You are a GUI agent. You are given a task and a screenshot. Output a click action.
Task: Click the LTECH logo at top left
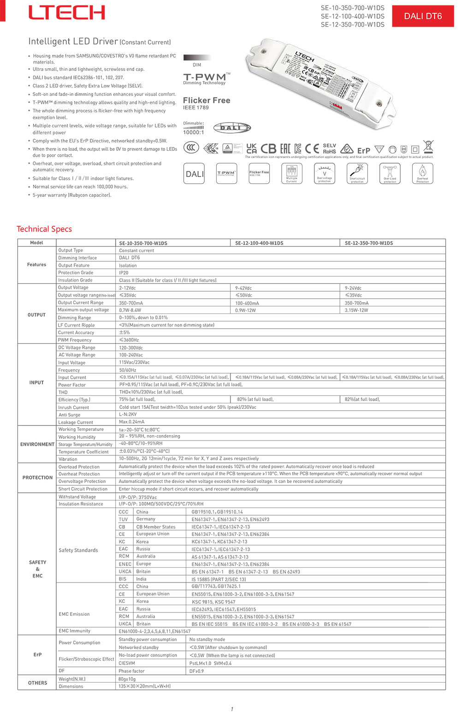67,12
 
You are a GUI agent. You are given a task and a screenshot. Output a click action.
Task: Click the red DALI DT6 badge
423,16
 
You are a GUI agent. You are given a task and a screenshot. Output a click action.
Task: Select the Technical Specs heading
44,229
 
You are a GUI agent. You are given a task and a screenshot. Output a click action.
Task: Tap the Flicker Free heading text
207,100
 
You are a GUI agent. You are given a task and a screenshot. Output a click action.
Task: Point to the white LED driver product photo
318,81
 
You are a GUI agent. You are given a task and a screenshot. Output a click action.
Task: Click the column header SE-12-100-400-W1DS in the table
259,243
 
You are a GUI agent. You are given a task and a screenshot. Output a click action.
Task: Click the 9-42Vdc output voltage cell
243,288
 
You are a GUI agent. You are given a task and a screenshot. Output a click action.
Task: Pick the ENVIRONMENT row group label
37,444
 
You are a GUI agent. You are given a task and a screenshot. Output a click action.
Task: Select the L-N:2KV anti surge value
128,415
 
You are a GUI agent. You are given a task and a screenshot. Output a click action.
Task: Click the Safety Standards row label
78,550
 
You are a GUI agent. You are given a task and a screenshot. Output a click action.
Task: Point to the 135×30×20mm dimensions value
144,686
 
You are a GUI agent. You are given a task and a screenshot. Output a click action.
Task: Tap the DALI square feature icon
194,174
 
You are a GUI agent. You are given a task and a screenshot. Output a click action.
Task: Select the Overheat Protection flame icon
422,174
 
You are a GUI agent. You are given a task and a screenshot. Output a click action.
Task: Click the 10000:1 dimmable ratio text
193,132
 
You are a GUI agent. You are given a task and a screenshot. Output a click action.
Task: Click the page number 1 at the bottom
232,709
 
